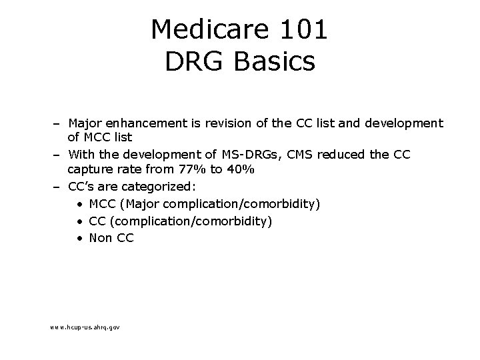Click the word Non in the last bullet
pos(100,237)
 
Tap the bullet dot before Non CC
pos(79,237)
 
